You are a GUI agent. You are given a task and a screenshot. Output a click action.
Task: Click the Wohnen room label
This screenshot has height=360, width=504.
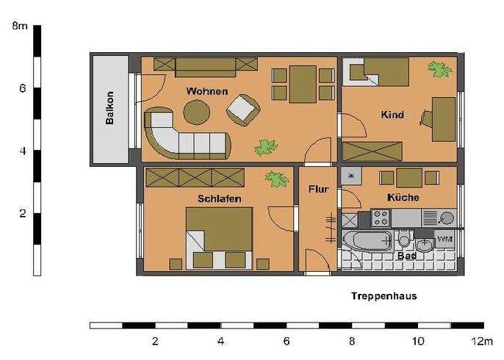pos(206,92)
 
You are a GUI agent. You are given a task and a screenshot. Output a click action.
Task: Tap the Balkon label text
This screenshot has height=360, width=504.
pos(110,108)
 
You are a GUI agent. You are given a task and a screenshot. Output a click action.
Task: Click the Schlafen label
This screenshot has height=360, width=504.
pos(219,198)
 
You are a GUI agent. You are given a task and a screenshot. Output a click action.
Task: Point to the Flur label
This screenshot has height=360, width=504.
pos(318,189)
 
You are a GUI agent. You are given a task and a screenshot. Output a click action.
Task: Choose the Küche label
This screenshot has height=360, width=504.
pos(403,198)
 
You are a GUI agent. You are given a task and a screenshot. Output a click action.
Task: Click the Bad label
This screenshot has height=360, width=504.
pos(406,256)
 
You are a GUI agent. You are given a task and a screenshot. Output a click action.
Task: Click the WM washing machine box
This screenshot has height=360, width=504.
pos(444,240)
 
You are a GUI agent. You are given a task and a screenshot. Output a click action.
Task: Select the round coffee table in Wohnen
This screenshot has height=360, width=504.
pos(196,112)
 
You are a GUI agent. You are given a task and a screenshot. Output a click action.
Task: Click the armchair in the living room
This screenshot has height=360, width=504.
pos(242,111)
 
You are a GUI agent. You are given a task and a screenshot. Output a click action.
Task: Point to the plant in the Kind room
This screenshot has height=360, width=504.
pos(440,70)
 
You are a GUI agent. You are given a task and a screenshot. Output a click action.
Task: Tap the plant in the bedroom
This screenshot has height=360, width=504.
pos(276,179)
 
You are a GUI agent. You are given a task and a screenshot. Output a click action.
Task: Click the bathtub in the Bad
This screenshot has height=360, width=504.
pos(370,241)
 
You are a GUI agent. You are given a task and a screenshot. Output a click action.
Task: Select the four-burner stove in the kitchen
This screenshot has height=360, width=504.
pos(381,217)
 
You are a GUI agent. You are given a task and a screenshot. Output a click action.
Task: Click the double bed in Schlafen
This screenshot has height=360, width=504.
pos(219,237)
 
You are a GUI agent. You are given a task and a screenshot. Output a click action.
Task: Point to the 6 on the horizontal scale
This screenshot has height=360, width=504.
pos(286,341)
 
